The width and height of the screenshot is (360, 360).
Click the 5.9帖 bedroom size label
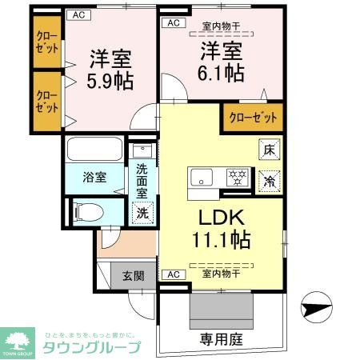pyautogui.click(x=110, y=81)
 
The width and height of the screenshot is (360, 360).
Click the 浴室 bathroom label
pyautogui.click(x=94, y=177)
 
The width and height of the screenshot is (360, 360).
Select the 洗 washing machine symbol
pyautogui.click(x=142, y=213)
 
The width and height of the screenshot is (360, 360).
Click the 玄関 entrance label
pyautogui.click(x=133, y=277)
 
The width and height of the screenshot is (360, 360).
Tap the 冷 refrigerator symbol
pyautogui.click(x=270, y=182)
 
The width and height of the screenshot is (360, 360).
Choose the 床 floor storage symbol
pyautogui.click(x=270, y=148)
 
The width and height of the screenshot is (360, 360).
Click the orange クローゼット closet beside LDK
pyautogui.click(x=253, y=117)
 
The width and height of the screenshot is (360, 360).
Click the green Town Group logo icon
pyautogui.click(x=21, y=339)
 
